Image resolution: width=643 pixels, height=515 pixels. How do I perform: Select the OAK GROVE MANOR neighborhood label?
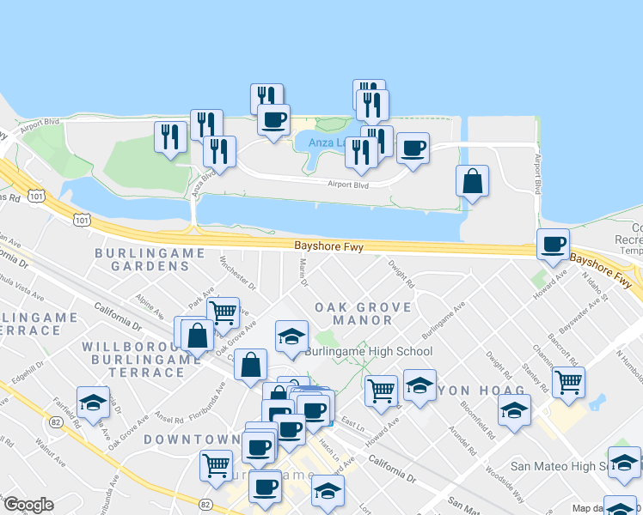(x=352, y=313)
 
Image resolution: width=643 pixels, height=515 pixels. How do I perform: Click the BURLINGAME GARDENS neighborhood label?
(x=150, y=259)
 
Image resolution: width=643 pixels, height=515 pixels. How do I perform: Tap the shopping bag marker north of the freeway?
(x=471, y=183)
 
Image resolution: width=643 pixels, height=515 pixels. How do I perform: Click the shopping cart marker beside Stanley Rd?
(x=568, y=383)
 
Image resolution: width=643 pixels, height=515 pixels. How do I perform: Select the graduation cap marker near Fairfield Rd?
(x=93, y=402)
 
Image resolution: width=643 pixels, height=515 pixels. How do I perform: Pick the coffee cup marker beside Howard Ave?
(x=552, y=245)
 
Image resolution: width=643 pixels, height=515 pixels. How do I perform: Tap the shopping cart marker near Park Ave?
(x=223, y=314)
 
